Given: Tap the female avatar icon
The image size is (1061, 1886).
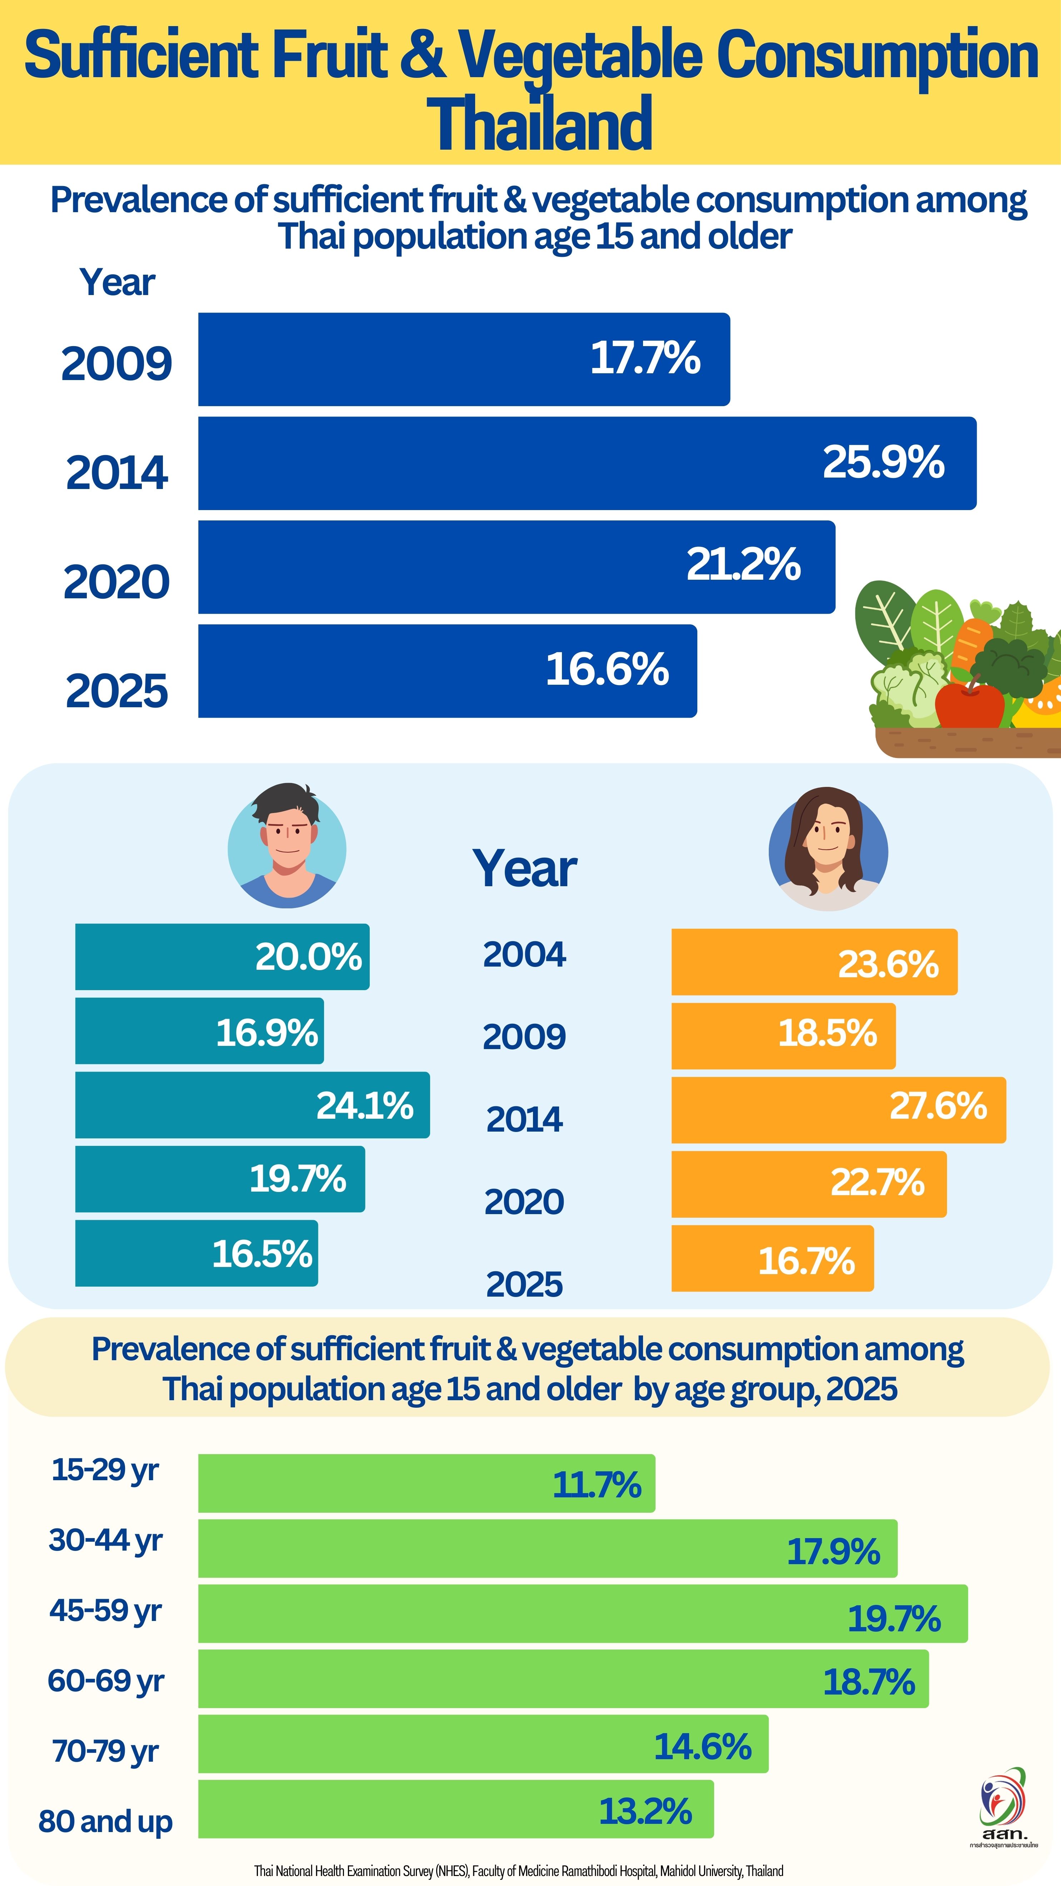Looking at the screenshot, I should [827, 849].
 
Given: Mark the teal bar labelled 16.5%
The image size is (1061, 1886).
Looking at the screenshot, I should [196, 1253].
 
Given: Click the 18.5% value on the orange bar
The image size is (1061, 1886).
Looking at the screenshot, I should [827, 1033].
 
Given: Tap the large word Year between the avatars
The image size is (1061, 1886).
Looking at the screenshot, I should [524, 869].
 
